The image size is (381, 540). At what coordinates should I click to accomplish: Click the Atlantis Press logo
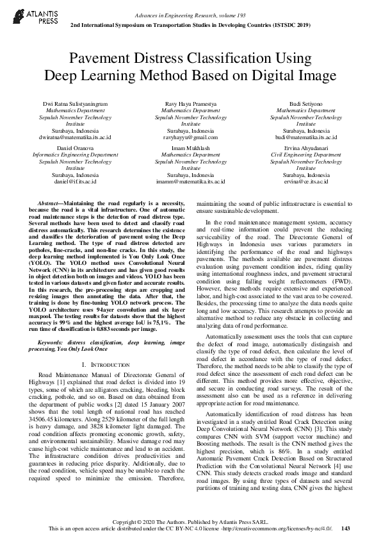[31, 16]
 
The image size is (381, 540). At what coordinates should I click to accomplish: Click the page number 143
[346, 528]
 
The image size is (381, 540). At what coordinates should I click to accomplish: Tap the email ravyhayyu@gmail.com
[190, 137]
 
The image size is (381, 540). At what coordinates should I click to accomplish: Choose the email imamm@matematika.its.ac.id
[190, 181]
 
